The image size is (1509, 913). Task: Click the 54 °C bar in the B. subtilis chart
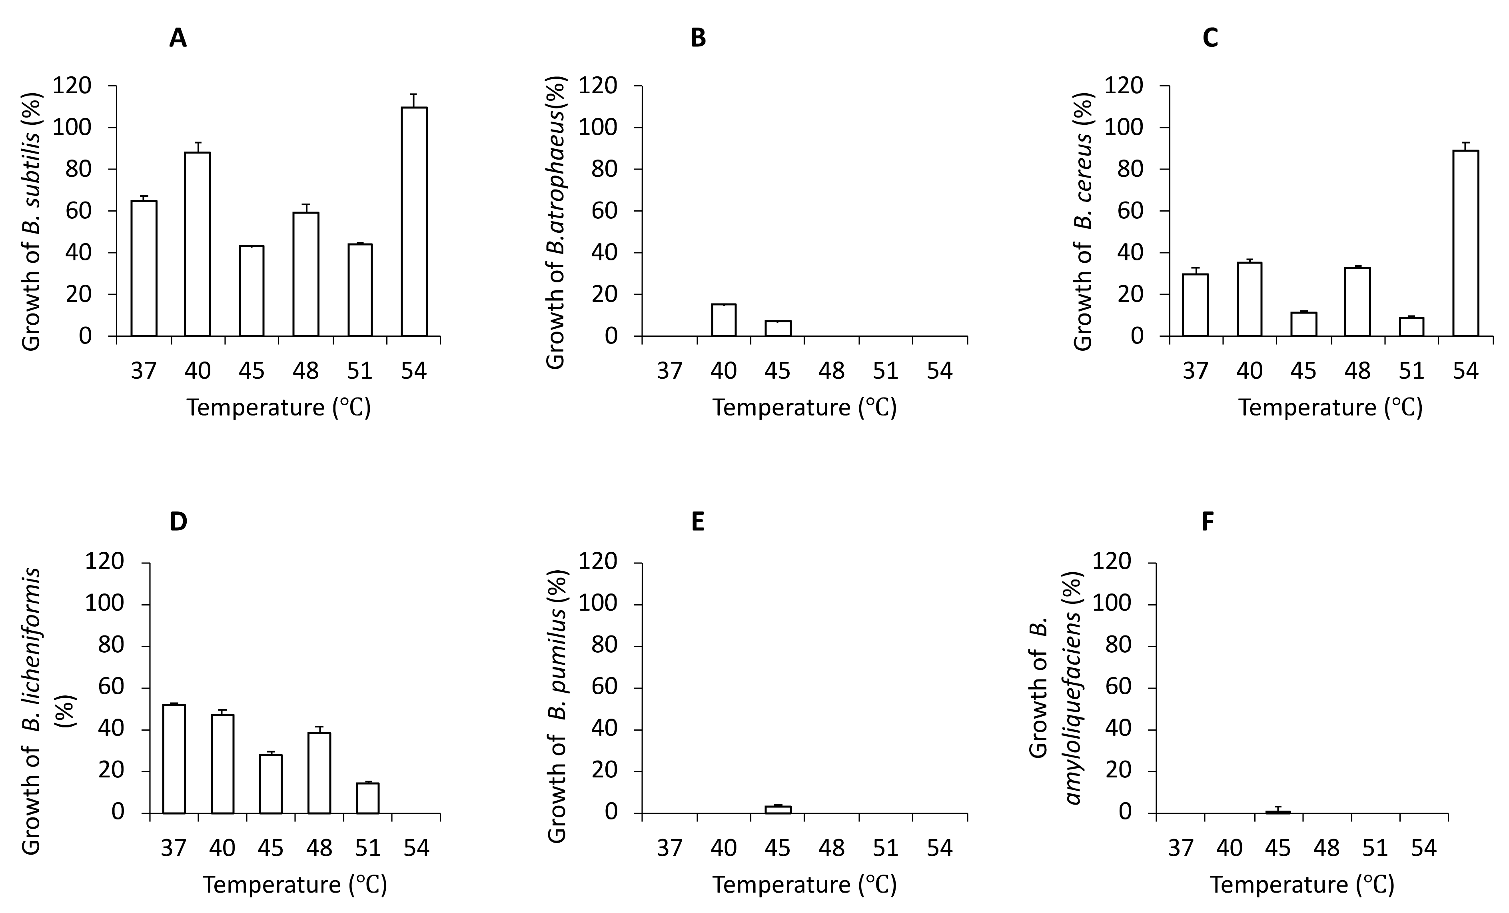pyautogui.click(x=414, y=222)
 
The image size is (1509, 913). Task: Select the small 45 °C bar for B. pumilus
pyautogui.click(x=778, y=810)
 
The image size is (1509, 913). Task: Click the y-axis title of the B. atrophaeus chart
pyautogui.click(x=555, y=222)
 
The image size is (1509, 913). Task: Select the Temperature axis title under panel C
pyautogui.click(x=1331, y=407)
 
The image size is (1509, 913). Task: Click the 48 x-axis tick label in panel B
pyautogui.click(x=832, y=370)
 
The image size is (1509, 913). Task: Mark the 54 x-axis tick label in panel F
pyautogui.click(x=1423, y=848)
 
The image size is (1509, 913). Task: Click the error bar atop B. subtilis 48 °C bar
pyautogui.click(x=305, y=208)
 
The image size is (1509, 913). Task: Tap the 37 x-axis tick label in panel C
pyautogui.click(x=1196, y=370)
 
